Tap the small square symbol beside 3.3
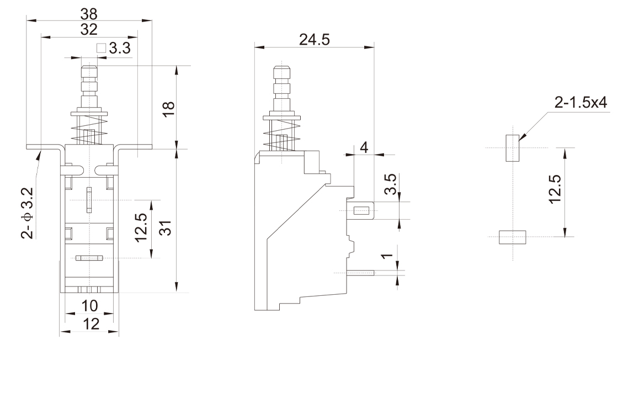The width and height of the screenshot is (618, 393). [x=100, y=49]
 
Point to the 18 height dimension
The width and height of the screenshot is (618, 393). [x=169, y=108]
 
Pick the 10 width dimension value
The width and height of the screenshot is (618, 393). [x=89, y=305]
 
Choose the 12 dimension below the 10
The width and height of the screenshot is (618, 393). [x=89, y=324]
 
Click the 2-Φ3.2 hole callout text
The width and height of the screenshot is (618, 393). [x=27, y=213]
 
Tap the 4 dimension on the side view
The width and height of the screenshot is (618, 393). [x=363, y=147]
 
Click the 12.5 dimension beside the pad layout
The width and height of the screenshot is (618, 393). [x=556, y=189]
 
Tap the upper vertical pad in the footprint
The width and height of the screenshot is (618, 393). [x=513, y=147]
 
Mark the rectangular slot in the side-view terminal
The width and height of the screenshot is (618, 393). [x=361, y=210]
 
